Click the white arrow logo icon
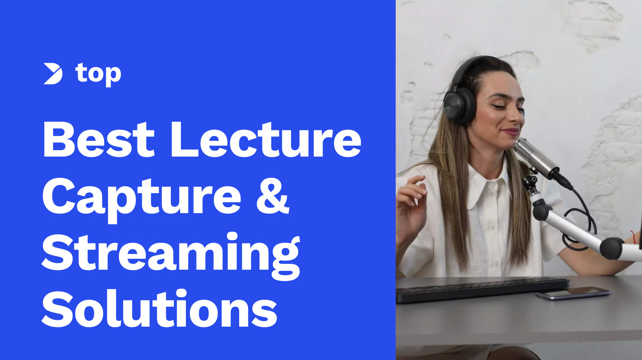pyautogui.click(x=53, y=74)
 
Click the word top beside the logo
pyautogui.click(x=98, y=74)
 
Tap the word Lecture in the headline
pyautogui.click(x=265, y=139)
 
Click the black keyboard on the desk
pyautogui.click(x=481, y=289)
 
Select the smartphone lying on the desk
pyautogui.click(x=573, y=293)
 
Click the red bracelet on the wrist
pyautogui.click(x=633, y=237)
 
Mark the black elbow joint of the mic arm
pyautogui.click(x=611, y=248)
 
